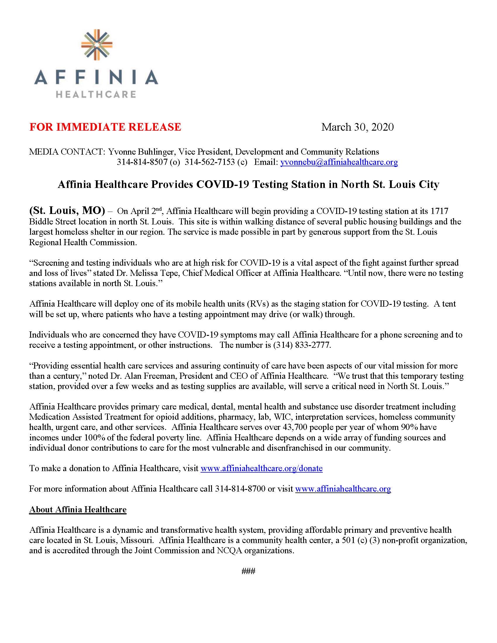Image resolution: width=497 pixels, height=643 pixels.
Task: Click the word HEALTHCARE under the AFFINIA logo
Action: (96, 94)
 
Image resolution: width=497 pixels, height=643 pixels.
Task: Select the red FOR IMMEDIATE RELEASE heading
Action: (105, 127)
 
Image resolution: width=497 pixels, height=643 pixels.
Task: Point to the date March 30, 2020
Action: (357, 127)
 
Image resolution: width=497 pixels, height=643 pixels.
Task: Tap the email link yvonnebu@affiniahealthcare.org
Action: (339, 162)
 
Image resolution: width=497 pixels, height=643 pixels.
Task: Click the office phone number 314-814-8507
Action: (142, 162)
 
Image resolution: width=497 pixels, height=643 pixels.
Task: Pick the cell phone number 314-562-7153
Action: (210, 162)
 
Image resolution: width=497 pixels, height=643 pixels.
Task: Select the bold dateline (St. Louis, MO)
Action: (67, 210)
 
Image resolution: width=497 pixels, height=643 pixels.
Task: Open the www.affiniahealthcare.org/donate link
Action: (261, 469)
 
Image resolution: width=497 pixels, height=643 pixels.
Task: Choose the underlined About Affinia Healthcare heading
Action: (78, 510)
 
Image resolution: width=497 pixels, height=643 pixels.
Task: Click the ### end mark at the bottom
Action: (248, 571)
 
